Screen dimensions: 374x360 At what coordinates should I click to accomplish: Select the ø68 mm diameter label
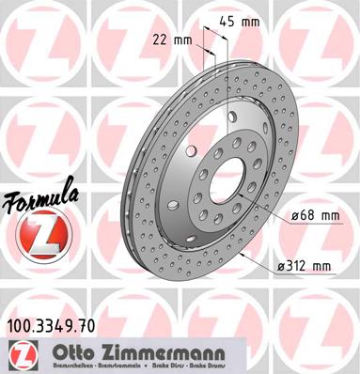pyautogui.click(x=315, y=218)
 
